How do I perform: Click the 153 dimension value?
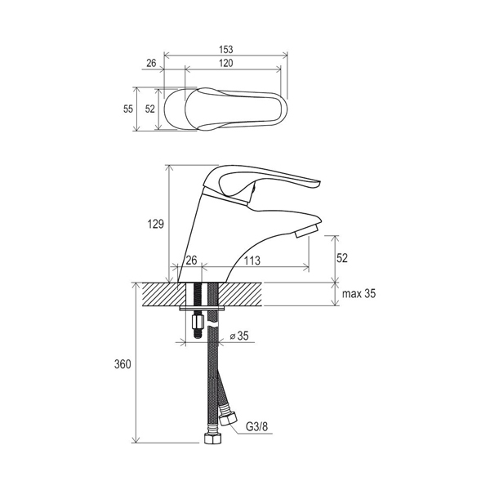pos(226,50)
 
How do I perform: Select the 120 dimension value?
pos(225,63)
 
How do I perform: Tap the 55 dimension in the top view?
pos(128,109)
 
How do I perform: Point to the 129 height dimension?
pos(156,224)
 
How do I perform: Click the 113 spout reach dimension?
pos(252,260)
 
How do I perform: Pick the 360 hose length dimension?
pos(122,364)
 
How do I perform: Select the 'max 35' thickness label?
pos(359,294)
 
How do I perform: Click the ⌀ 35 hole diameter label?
pos(239,336)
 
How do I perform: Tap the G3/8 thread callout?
pos(257,426)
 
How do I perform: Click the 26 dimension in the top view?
pos(151,63)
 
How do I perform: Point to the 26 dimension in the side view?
pos(191,260)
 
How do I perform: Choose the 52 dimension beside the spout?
pos(342,258)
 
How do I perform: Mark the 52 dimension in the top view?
pos(150,109)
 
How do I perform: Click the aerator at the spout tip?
pos(306,232)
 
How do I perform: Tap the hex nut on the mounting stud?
pos(197,321)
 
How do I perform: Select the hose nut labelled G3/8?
pos(228,419)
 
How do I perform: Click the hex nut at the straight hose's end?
pos(212,438)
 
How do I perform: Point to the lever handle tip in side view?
pos(318,183)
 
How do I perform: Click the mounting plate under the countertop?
pos(202,309)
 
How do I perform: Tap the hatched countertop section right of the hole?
pos(240,294)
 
